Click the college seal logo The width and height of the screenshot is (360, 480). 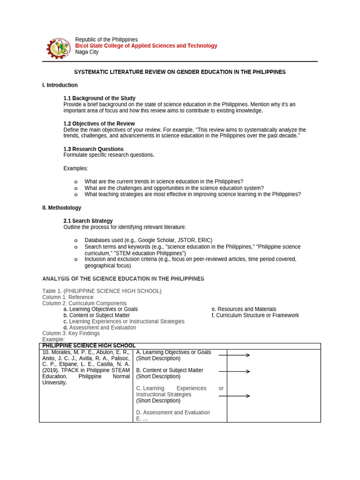tap(59, 47)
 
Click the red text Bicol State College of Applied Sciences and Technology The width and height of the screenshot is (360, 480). tap(146, 46)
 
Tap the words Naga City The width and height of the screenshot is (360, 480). tap(87, 52)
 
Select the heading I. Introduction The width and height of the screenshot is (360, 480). tap(60, 85)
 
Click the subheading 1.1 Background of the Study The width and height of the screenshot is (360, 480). tap(99, 98)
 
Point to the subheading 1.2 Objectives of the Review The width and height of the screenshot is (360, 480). tap(99, 124)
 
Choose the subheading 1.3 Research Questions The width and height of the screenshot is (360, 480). tap(93, 149)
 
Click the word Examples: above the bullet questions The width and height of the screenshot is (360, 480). tap(75, 168)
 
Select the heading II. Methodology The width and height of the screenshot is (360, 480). tap(61, 208)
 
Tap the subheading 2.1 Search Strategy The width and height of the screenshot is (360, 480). tap(88, 221)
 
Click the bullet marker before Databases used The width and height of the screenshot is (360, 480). tap(76, 241)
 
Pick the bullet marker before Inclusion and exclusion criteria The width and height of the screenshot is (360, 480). tap(76, 260)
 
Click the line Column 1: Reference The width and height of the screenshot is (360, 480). tap(67, 297)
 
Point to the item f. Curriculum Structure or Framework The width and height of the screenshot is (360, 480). tap(255, 315)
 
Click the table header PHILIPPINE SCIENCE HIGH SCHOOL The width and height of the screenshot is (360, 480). tap(89, 346)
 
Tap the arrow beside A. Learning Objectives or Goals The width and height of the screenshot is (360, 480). tap(234, 355)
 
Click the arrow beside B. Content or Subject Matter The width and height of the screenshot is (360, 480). tap(234, 371)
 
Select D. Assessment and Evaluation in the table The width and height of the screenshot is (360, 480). tap(173, 412)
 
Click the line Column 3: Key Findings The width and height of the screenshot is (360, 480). tap(71, 333)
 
